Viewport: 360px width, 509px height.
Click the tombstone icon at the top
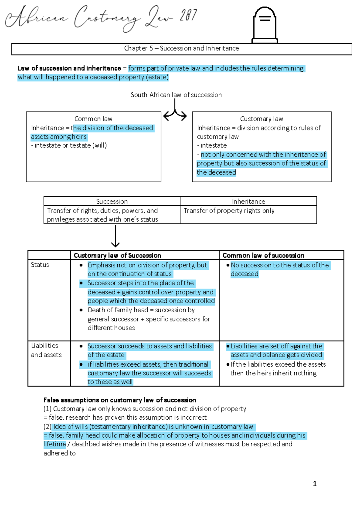pos(265,25)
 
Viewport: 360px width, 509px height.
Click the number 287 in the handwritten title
pos(188,16)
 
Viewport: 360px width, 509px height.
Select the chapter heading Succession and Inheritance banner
pos(181,49)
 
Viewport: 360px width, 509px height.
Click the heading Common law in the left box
pos(93,119)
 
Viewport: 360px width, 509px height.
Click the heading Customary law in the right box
pos(261,119)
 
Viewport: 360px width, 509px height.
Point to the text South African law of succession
pos(176,95)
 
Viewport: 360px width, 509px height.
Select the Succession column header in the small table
pos(112,201)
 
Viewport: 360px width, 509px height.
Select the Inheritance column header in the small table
pos(248,201)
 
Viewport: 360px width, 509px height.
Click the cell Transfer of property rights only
pos(229,211)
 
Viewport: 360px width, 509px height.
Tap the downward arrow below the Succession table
pos(115,237)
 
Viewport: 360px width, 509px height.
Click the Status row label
pos(40,265)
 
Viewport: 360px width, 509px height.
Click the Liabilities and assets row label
pos(46,350)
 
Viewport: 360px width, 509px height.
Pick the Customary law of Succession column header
pos(117,255)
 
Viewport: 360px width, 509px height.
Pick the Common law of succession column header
pos(263,255)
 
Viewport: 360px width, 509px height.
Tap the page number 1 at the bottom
pos(315,484)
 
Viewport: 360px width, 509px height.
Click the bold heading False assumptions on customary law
pos(120,400)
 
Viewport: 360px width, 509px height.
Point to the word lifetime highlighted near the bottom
pos(55,444)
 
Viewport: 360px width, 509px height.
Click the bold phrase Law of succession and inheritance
pos(69,68)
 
